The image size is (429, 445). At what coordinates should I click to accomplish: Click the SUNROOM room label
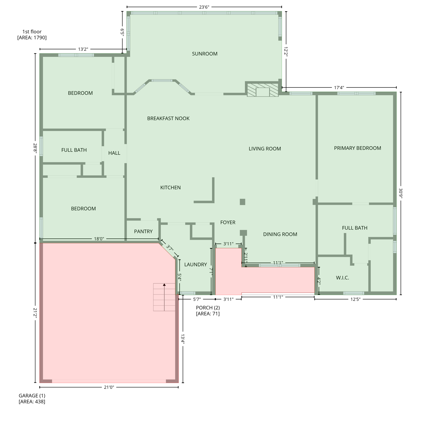(x=205, y=54)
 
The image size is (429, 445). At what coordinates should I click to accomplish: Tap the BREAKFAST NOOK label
(x=168, y=118)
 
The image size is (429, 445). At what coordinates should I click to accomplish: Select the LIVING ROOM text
(x=265, y=149)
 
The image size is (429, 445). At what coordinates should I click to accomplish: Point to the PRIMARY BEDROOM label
(x=357, y=148)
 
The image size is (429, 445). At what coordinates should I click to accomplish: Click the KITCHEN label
(x=170, y=187)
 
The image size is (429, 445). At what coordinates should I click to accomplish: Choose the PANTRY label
(x=143, y=231)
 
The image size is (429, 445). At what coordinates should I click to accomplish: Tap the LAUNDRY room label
(x=196, y=264)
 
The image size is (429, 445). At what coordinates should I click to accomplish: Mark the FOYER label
(x=228, y=222)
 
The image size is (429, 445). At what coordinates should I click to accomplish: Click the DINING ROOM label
(x=280, y=234)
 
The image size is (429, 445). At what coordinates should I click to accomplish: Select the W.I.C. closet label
(x=342, y=278)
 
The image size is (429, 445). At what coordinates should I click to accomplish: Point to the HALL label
(x=114, y=153)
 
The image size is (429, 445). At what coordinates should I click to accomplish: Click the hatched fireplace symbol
(x=262, y=90)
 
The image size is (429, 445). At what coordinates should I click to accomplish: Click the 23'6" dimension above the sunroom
(x=204, y=7)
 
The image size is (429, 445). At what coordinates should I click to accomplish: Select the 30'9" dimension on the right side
(x=401, y=193)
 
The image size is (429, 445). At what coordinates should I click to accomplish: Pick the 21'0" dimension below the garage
(x=109, y=387)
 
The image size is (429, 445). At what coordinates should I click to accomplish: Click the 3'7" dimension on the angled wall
(x=170, y=248)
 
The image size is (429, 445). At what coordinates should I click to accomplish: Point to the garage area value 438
(x=32, y=402)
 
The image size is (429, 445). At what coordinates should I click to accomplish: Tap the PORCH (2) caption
(x=208, y=307)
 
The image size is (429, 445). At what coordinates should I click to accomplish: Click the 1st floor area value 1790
(x=32, y=37)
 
